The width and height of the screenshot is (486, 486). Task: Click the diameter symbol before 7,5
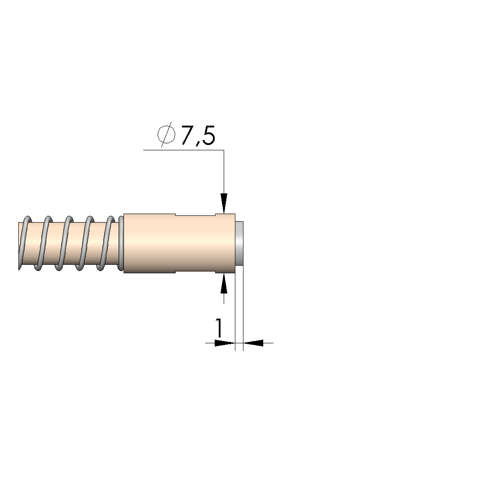pyautogui.click(x=166, y=135)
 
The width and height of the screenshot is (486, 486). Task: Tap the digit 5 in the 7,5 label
pyautogui.click(x=208, y=136)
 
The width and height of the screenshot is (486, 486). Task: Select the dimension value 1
pyautogui.click(x=219, y=328)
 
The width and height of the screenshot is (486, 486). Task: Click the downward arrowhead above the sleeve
pyautogui.click(x=224, y=203)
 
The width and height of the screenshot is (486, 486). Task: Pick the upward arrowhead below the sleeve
pyautogui.click(x=224, y=283)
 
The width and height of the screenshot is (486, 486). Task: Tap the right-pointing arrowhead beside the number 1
pyautogui.click(x=225, y=343)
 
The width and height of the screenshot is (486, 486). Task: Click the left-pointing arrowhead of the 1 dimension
pyautogui.click(x=253, y=343)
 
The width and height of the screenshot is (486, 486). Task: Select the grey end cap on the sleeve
pyautogui.click(x=239, y=243)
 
